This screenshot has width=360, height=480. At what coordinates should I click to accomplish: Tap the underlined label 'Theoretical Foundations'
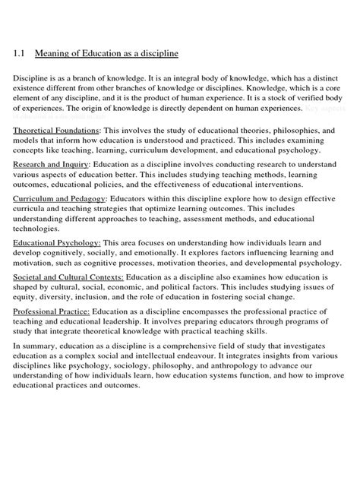pyautogui.click(x=57, y=131)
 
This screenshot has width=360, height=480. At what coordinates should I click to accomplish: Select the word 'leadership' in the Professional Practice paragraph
pyautogui.click(x=147, y=322)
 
